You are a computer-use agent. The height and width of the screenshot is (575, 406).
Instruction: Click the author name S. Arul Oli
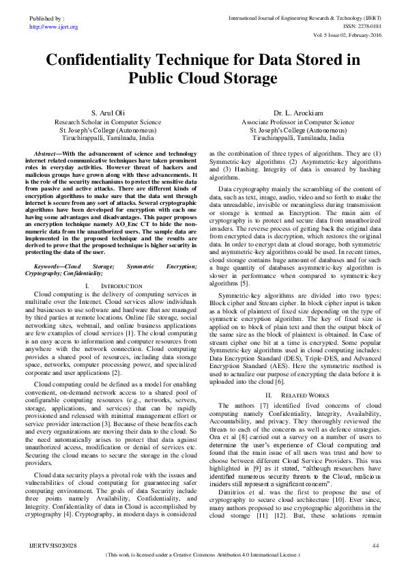click(107, 113)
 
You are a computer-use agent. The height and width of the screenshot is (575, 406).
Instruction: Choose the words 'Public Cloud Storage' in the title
click(202, 79)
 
